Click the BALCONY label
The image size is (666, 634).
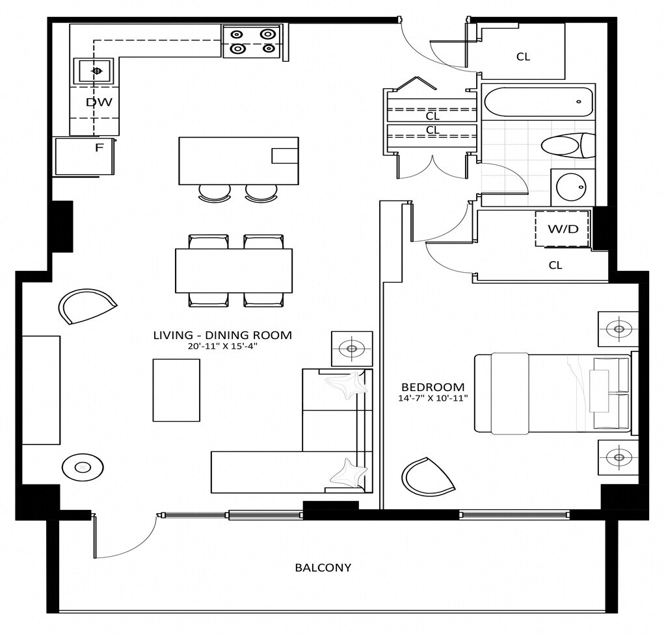(323, 567)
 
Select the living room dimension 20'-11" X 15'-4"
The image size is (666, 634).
(222, 346)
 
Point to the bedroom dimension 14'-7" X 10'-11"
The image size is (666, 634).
(434, 398)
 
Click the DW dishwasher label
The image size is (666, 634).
(100, 102)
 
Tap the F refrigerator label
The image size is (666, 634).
(99, 147)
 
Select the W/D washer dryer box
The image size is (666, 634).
(563, 229)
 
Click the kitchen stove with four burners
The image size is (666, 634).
(252, 41)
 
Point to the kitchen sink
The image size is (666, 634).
(96, 71)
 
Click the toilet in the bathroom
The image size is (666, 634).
(567, 145)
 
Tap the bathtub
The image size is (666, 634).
(538, 102)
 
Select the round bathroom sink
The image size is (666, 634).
(572, 188)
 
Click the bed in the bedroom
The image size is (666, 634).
(553, 392)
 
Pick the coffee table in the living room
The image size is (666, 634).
(176, 390)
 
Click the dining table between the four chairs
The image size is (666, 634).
(233, 270)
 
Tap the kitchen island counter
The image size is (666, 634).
(238, 160)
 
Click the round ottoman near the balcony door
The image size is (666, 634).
(83, 466)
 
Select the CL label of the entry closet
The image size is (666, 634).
(523, 57)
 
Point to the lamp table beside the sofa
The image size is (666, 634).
(352, 349)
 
